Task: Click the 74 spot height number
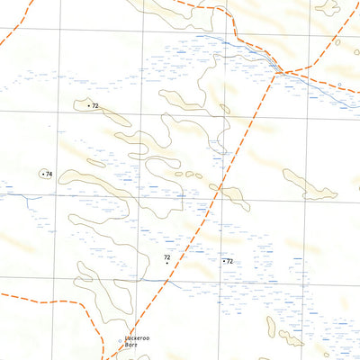pos(49,174)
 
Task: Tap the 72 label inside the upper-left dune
pos(94,106)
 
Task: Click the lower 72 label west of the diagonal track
pos(166,257)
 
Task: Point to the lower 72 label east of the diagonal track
pos(230,261)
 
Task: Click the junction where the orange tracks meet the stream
pos(280,70)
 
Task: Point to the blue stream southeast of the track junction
pos(315,86)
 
